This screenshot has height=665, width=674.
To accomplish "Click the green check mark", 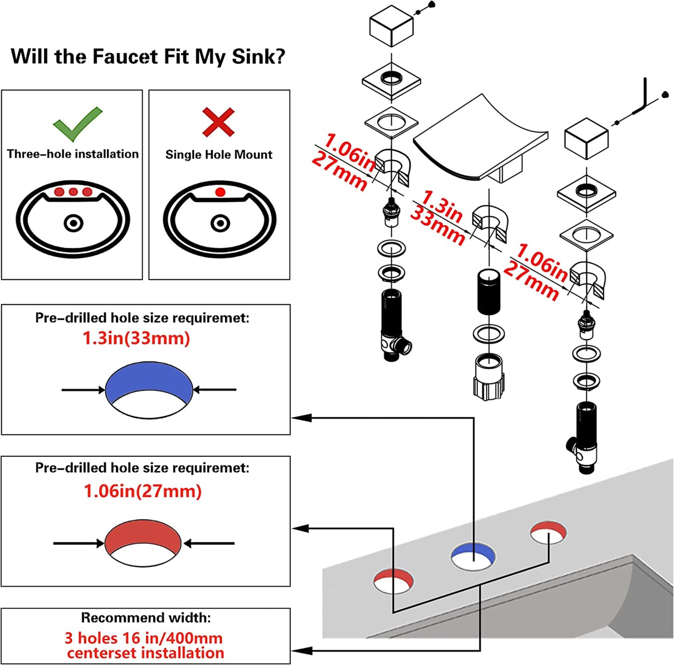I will click(76, 124).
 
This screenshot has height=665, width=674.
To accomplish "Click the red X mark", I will click(218, 121).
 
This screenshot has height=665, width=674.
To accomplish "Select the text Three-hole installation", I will click(73, 154).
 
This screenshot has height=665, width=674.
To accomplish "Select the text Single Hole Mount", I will click(219, 154).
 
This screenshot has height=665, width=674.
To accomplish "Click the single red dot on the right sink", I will click(220, 192).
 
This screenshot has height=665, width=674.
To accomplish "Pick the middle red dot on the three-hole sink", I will click(73, 192).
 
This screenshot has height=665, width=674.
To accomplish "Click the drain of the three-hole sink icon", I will click(73, 224).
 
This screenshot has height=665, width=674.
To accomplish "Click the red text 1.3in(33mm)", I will click(136, 338).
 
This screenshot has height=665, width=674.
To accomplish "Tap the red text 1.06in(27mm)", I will click(142, 491).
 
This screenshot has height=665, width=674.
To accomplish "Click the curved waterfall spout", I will click(480, 140).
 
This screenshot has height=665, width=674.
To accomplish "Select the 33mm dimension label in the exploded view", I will click(438, 226).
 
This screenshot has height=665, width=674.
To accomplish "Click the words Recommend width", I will click(146, 617).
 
